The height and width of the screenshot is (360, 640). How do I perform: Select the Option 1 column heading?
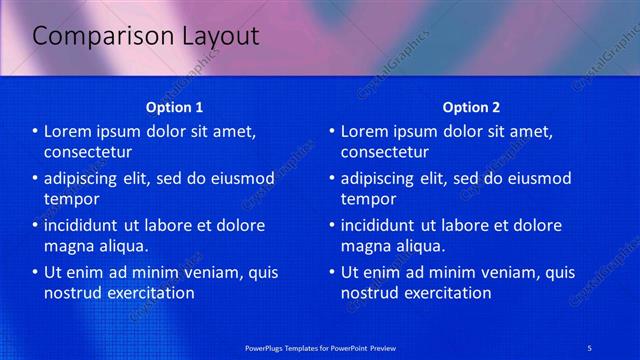pyautogui.click(x=175, y=107)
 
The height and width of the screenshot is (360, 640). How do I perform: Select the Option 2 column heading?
pyautogui.click(x=471, y=107)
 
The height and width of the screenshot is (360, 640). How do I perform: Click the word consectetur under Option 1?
pyautogui.click(x=88, y=152)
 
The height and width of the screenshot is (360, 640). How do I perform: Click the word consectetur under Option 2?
pyautogui.click(x=385, y=152)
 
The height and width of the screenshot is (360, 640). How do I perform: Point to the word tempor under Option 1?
pyautogui.click(x=69, y=199)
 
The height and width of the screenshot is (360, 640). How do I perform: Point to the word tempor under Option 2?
pyautogui.click(x=365, y=199)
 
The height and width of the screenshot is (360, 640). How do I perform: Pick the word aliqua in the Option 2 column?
pyautogui.click(x=418, y=246)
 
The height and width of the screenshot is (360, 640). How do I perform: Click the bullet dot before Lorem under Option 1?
pyautogui.click(x=35, y=132)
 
